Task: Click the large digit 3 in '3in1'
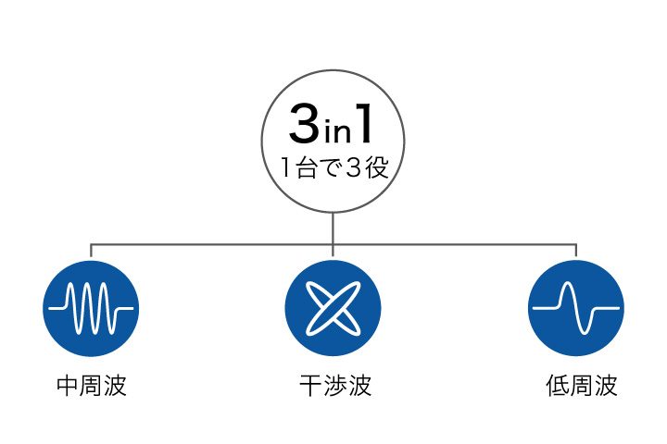coord(304,123)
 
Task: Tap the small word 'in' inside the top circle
coord(337,131)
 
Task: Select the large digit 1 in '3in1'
coord(364,123)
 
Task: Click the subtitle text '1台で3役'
coord(334,167)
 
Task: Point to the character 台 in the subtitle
coord(307,167)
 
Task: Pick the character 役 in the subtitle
coord(377,167)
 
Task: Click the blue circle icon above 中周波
coord(91,308)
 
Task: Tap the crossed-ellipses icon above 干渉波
coord(333,308)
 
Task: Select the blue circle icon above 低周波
coord(576,308)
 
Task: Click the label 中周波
coord(92,386)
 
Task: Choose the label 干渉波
coord(335,386)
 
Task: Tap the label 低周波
coord(582,386)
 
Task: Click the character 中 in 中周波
coord(68,386)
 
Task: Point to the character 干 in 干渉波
coord(311,386)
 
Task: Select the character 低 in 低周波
coord(558,386)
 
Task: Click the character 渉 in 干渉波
coord(335,386)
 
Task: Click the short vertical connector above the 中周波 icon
coord(91,251)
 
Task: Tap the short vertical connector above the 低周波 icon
coord(576,251)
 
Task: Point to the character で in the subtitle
coord(330,167)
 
